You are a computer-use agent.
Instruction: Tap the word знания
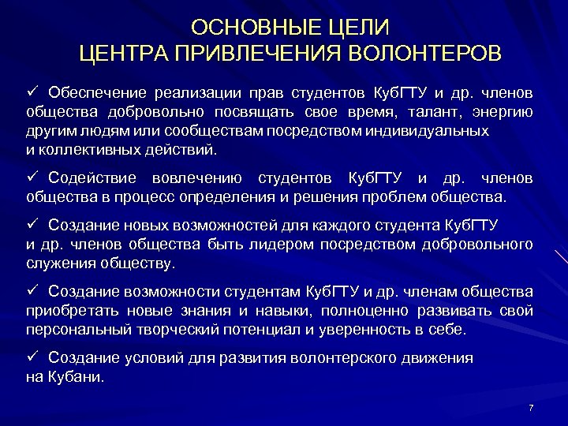coord(222,311)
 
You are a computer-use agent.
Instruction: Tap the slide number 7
coord(531,407)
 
